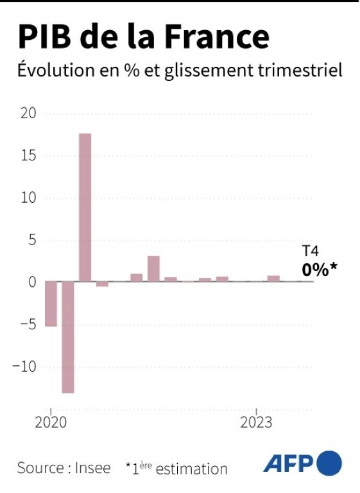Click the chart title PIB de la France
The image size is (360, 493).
(142, 37)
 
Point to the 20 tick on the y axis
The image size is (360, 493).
(28, 114)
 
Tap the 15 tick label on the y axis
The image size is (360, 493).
(28, 156)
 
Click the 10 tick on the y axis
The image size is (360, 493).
(28, 198)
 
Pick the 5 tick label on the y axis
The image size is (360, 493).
(31, 240)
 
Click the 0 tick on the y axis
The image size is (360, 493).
(31, 282)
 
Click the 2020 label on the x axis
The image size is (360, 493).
(50, 423)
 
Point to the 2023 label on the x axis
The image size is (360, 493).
(257, 423)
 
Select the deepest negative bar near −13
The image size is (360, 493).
(68, 337)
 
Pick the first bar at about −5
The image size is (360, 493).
(51, 304)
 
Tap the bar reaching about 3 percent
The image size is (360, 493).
(153, 268)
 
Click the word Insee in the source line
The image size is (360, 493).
(94, 469)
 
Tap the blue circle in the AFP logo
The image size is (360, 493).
(330, 463)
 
